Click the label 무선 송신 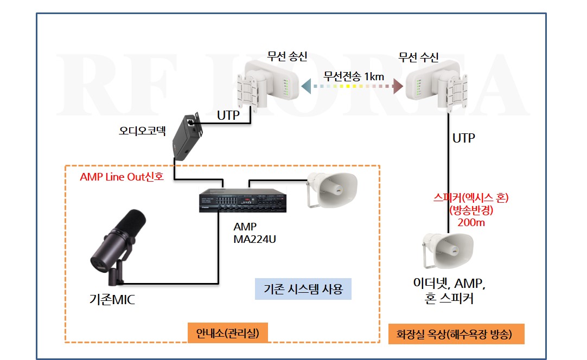(x=287, y=56)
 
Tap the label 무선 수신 (x=418, y=57)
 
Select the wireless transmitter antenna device (x=267, y=86)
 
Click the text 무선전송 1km (x=354, y=76)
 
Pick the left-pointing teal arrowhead (x=306, y=86)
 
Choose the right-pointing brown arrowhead (x=398, y=86)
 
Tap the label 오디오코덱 (x=142, y=131)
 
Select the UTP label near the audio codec (x=228, y=115)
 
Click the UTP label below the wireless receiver (x=463, y=138)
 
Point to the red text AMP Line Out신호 (x=122, y=177)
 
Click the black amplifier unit (x=243, y=200)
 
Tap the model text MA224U (x=254, y=239)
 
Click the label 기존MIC (x=112, y=299)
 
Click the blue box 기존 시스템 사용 (x=303, y=289)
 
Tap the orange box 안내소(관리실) (x=228, y=333)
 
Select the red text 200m (x=471, y=223)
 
